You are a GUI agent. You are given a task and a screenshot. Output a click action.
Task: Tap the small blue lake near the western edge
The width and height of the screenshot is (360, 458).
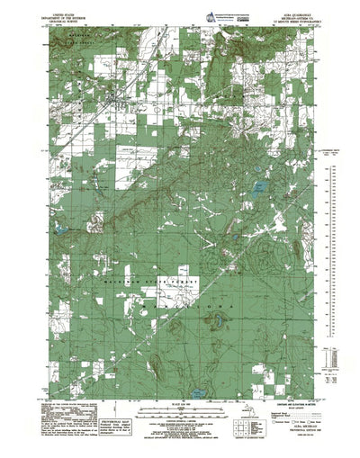point(59,230)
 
